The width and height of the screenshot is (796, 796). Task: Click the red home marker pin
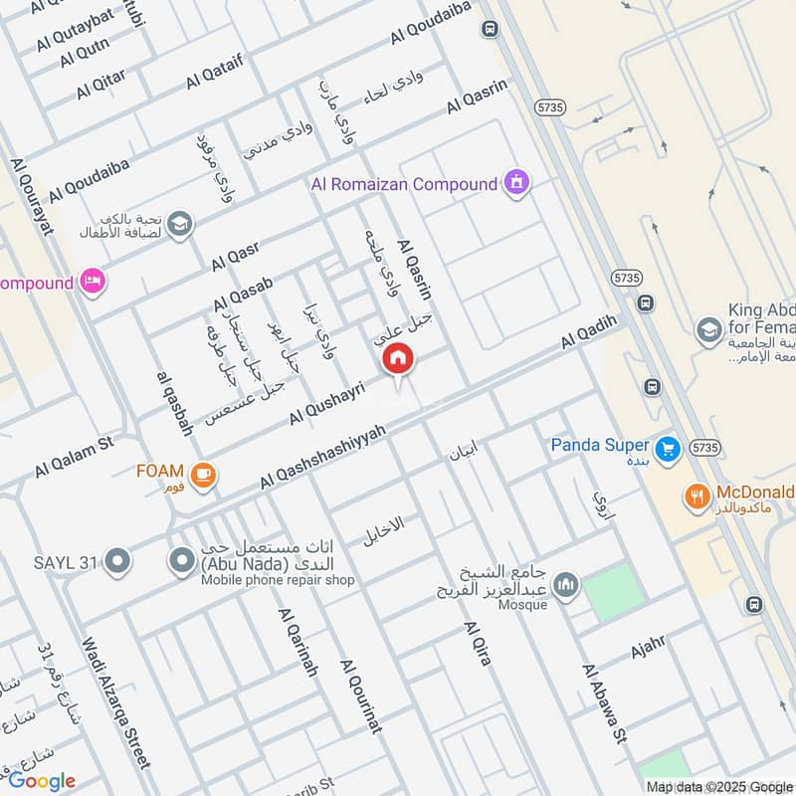399,359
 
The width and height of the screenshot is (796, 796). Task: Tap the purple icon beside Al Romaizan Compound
516,183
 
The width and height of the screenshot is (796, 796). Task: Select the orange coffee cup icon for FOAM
204,475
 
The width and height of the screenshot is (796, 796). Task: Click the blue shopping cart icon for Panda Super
668,446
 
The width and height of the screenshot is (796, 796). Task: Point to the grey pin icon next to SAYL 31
117,563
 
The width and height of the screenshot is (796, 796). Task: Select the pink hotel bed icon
94,283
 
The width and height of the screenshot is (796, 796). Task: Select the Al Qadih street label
589,331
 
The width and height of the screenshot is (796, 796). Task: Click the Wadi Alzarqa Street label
116,702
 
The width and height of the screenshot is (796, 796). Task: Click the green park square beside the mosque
609,591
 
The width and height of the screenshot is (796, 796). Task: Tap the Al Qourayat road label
31,198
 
